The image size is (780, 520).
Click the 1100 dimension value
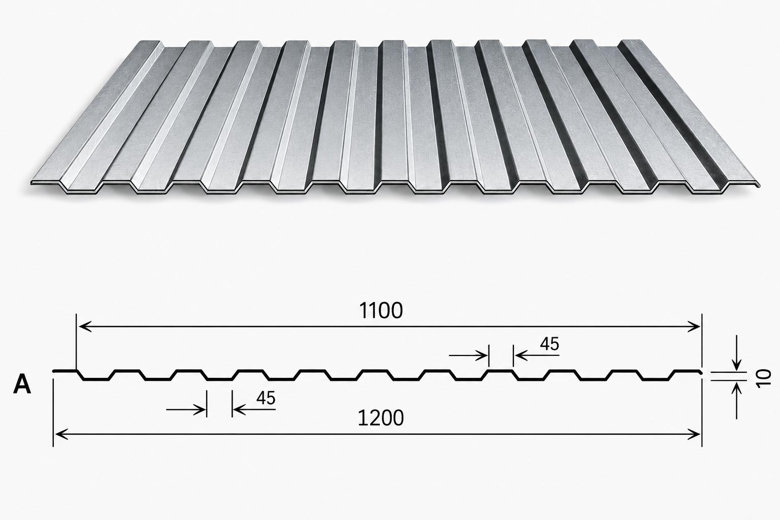pyautogui.click(x=381, y=311)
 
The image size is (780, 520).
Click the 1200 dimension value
pyautogui.click(x=381, y=418)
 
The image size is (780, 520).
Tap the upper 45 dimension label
pyautogui.click(x=549, y=344)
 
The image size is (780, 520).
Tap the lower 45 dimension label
pyautogui.click(x=266, y=398)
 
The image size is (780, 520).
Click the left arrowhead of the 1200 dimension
pyautogui.click(x=61, y=434)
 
